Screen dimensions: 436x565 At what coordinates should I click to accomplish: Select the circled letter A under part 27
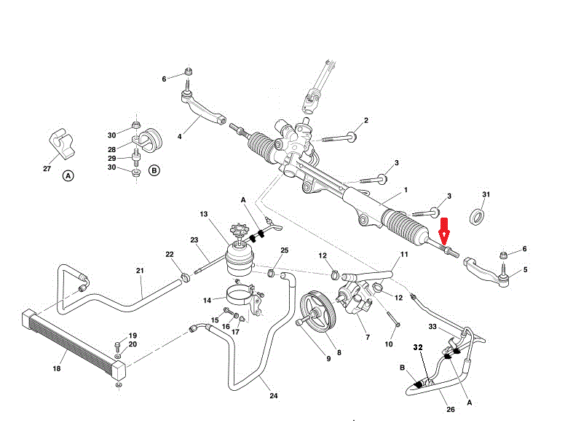(x=68, y=175)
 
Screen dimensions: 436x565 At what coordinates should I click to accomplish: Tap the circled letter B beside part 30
(x=154, y=170)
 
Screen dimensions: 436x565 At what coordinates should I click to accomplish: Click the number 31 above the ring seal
(x=486, y=194)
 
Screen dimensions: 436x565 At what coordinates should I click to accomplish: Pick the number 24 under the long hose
(x=273, y=397)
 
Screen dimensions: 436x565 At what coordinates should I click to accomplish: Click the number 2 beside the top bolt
(x=366, y=121)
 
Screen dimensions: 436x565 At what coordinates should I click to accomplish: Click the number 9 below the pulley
(x=328, y=358)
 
